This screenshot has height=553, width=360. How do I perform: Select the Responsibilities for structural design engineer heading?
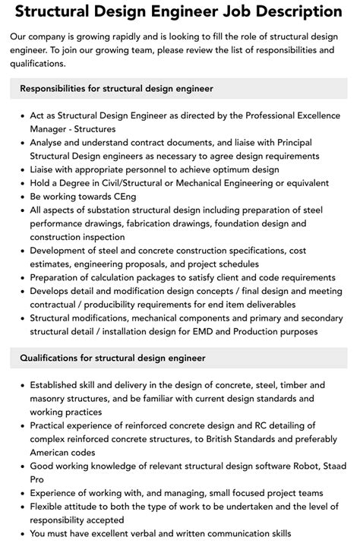(116, 89)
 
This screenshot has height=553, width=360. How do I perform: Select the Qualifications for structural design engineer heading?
(112, 357)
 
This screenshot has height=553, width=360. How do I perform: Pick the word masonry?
(51, 398)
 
